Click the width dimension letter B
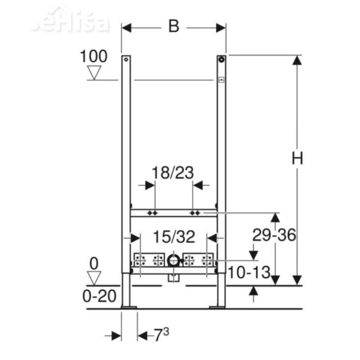coord(174,27)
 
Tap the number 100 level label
coord(94,57)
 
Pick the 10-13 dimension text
coord(248,272)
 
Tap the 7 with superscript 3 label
coord(161,335)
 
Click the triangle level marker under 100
coord(94,72)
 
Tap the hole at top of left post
coord(126,59)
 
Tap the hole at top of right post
coord(221,59)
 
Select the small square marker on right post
coord(221,80)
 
